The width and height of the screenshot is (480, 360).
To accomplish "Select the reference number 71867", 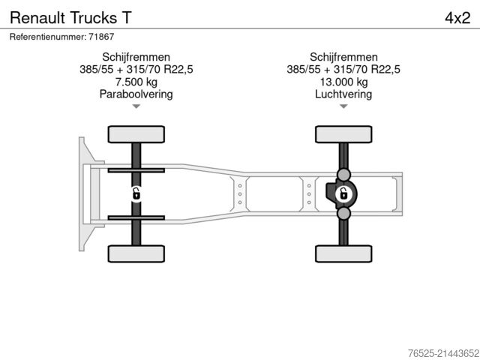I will pyautogui.click(x=61, y=37).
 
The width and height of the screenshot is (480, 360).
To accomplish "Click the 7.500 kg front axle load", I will pyautogui.click(x=136, y=82).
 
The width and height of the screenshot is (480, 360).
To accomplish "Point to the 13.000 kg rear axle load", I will pyautogui.click(x=343, y=82).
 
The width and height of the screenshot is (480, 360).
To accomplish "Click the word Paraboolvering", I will pyautogui.click(x=136, y=94).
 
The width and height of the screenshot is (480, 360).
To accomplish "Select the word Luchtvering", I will pyautogui.click(x=343, y=94).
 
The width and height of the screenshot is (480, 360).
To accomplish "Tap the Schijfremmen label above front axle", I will pyautogui.click(x=136, y=57).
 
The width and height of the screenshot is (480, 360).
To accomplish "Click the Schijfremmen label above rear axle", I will pyautogui.click(x=343, y=57).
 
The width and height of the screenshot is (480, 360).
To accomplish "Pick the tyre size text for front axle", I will pyautogui.click(x=136, y=70).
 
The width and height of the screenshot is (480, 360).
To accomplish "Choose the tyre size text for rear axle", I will pyautogui.click(x=343, y=70).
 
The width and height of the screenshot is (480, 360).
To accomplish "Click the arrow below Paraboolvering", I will pyautogui.click(x=136, y=106).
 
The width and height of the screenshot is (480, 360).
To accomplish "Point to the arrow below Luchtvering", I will pyautogui.click(x=343, y=106).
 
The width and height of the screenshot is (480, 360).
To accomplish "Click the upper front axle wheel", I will pyautogui.click(x=136, y=135).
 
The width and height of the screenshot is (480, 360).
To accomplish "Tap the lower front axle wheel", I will pyautogui.click(x=136, y=253).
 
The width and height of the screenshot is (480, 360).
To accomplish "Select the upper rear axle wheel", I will pyautogui.click(x=343, y=135).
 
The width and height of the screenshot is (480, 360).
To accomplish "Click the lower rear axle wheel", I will pyautogui.click(x=343, y=253).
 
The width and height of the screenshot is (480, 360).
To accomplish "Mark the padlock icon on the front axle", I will pyautogui.click(x=136, y=193).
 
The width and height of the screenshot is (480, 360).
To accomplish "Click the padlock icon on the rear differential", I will pyautogui.click(x=343, y=193).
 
